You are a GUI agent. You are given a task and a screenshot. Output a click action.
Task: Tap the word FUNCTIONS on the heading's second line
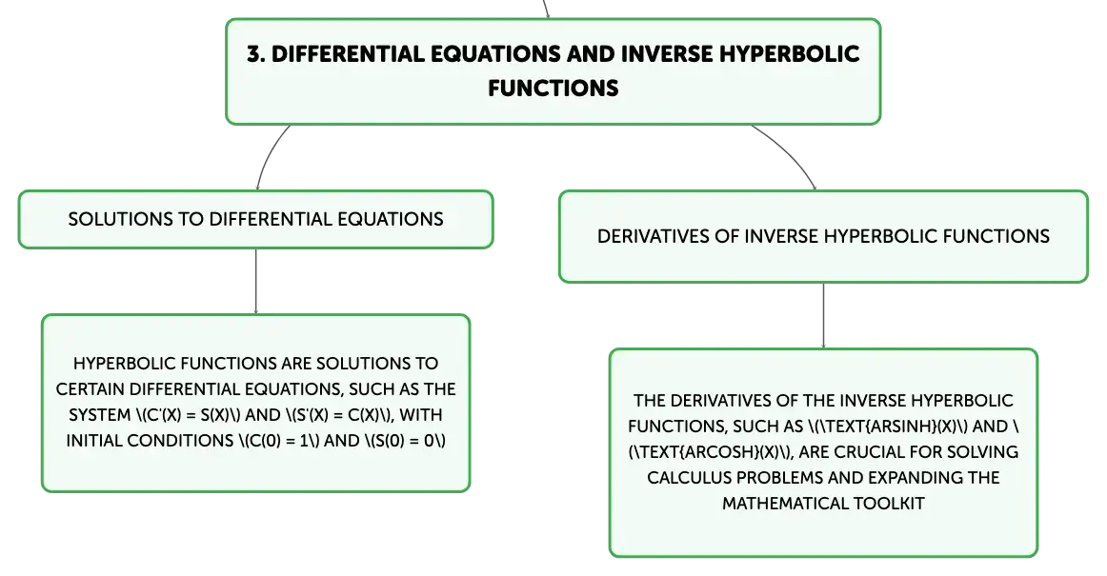pyautogui.click(x=553, y=89)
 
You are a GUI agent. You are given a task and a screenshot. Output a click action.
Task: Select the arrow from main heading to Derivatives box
pyautogui.click(x=789, y=152)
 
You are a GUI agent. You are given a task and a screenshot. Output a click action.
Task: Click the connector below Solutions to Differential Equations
pyautogui.click(x=255, y=281)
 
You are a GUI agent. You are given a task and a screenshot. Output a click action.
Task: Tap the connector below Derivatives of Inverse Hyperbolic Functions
pyautogui.click(x=823, y=315)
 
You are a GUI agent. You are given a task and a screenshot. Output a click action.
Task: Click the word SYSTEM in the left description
pyautogui.click(x=99, y=415)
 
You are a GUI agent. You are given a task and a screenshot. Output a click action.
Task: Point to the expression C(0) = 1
pyautogui.click(x=276, y=441)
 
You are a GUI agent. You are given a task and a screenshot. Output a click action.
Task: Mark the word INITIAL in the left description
pyautogui.click(x=92, y=441)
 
